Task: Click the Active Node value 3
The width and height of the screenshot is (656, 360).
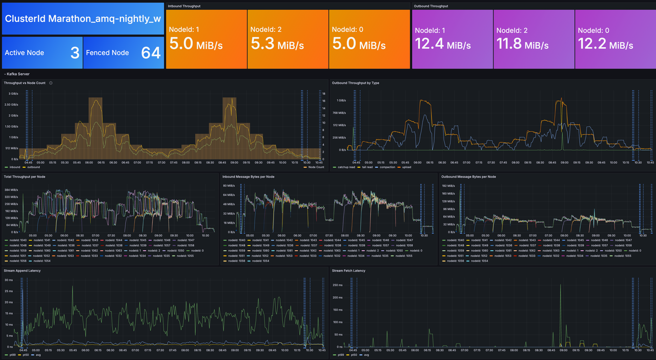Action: [75, 52]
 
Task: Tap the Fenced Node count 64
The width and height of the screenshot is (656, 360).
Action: [151, 52]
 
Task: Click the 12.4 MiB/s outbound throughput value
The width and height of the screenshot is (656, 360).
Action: [442, 44]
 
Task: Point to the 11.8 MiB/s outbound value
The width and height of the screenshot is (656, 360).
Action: [523, 44]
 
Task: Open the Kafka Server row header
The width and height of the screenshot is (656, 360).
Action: [18, 74]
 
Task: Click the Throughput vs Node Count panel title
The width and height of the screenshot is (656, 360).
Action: [25, 83]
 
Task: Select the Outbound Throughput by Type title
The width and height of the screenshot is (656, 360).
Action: [356, 83]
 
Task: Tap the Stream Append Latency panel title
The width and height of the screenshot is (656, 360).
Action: [22, 270]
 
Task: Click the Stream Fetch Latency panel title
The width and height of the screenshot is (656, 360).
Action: [348, 270]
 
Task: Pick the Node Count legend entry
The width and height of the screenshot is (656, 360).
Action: [316, 167]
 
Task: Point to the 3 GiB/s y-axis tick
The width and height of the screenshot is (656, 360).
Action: [12, 93]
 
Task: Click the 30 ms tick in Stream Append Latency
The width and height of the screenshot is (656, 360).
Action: [9, 280]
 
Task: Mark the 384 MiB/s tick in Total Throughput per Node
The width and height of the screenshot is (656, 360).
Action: [11, 190]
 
